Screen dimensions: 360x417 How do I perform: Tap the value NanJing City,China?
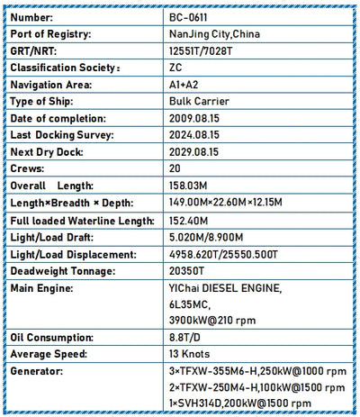click(214, 34)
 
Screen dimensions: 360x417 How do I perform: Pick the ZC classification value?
click(175, 68)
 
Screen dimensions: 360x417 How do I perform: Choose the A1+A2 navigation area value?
click(182, 84)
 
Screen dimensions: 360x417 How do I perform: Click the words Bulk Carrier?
click(199, 101)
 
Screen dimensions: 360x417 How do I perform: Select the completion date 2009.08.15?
click(193, 118)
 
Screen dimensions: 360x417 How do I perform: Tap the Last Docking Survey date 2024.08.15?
click(193, 134)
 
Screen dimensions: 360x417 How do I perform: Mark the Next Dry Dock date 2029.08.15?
click(193, 151)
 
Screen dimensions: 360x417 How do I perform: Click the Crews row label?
click(26, 168)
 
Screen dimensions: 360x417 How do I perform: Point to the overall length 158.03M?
click(189, 185)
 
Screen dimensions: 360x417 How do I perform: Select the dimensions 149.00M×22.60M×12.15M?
click(225, 202)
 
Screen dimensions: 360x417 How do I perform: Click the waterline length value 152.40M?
click(189, 221)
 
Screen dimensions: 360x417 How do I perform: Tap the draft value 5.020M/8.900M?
click(206, 238)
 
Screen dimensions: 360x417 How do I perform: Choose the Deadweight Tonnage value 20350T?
click(187, 271)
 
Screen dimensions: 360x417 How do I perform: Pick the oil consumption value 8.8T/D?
click(185, 337)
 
